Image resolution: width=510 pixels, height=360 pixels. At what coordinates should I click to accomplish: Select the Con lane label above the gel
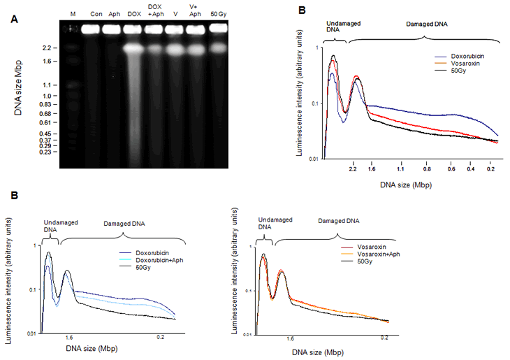coord(96,14)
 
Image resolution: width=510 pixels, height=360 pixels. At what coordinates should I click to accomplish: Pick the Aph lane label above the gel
coord(115,14)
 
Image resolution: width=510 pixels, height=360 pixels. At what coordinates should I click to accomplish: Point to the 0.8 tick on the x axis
coord(425,169)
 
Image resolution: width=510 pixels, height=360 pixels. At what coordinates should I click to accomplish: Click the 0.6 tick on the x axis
coord(452,169)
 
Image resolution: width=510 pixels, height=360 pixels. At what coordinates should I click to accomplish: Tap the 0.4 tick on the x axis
coord(472,169)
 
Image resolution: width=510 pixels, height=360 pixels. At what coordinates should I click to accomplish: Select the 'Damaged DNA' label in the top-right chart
coord(426,23)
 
